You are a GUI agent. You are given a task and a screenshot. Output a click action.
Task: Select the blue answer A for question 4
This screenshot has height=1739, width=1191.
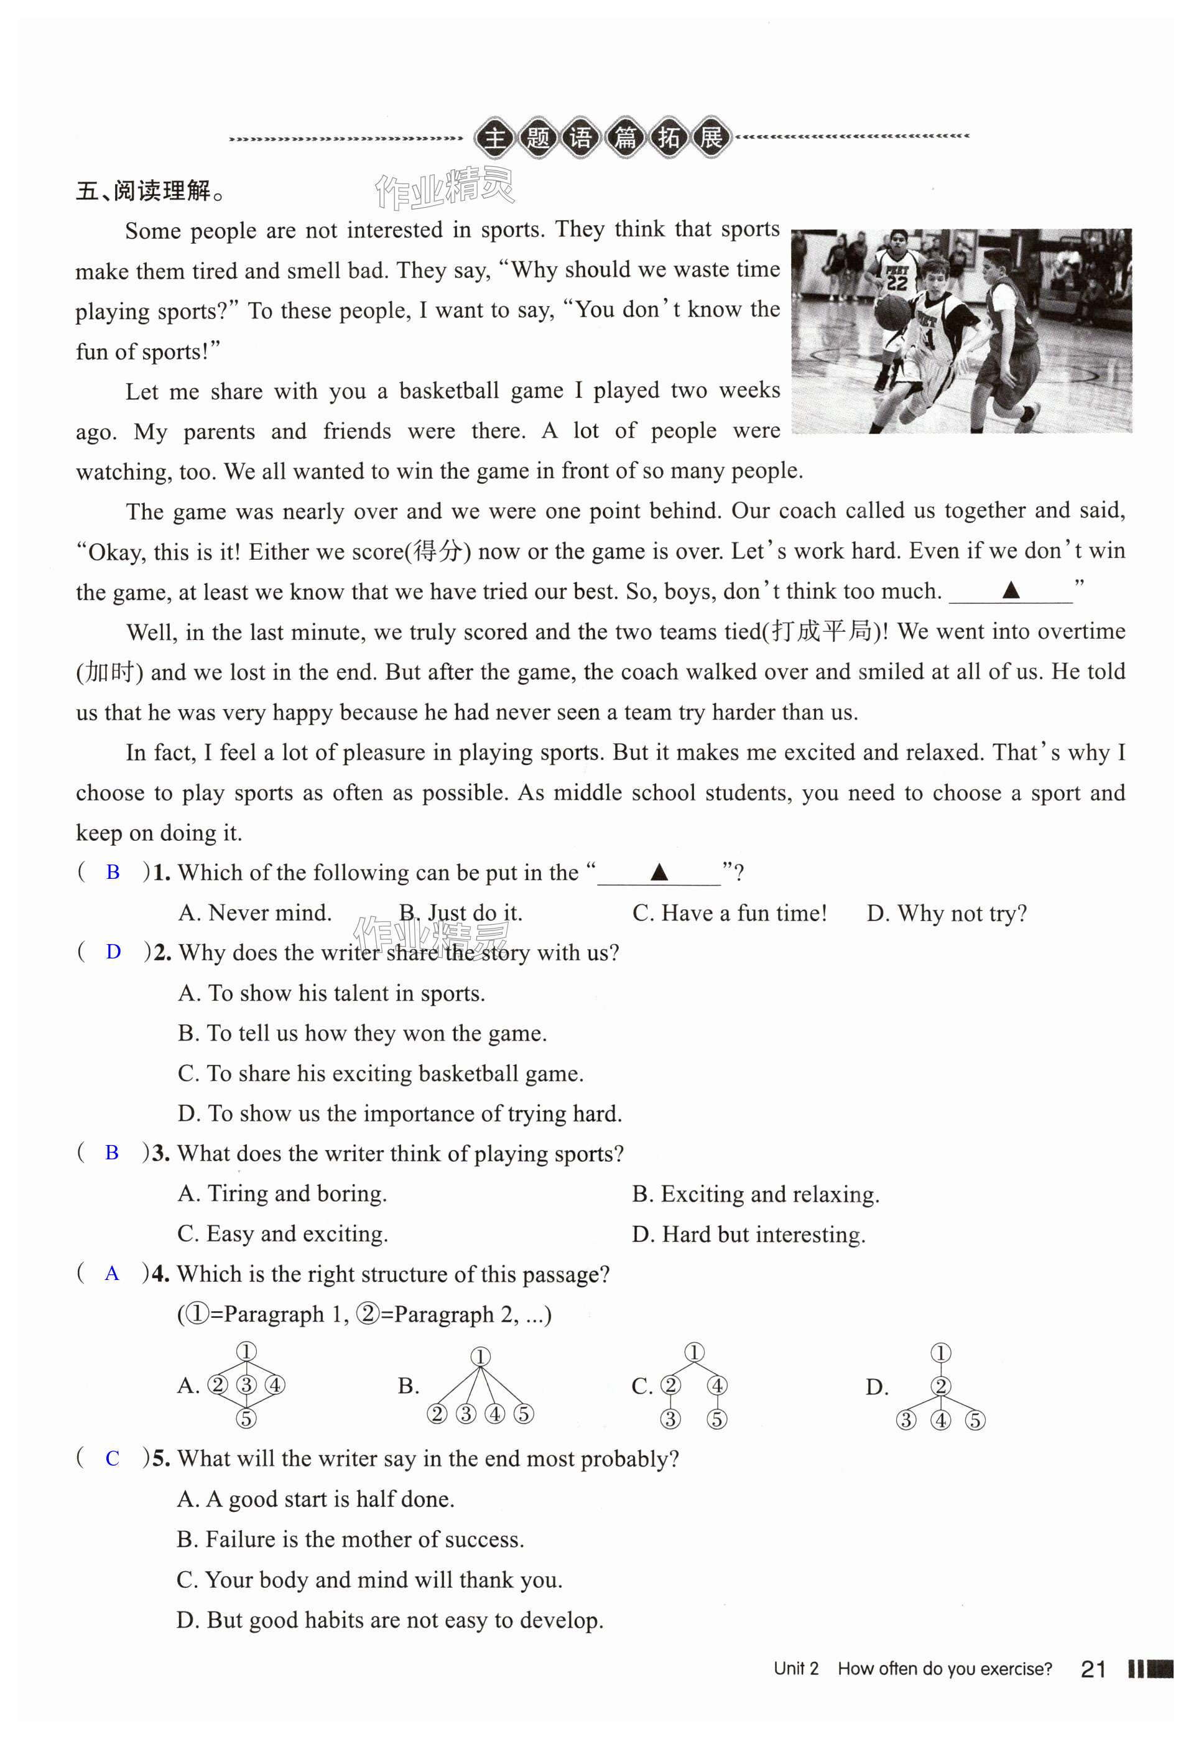click(112, 1274)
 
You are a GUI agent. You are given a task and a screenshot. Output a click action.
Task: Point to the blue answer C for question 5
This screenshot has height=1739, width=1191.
click(112, 1458)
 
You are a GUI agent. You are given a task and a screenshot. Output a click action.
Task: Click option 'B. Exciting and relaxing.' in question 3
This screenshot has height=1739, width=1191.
click(756, 1194)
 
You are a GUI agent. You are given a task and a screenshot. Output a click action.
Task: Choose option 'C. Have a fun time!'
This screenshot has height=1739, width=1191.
click(730, 913)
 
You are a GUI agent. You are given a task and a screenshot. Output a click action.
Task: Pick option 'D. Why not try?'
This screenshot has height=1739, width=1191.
click(947, 913)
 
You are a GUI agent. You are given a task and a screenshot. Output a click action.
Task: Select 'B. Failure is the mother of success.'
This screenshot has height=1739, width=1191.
click(350, 1539)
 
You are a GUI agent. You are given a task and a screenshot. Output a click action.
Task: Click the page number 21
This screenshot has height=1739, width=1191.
click(1093, 1669)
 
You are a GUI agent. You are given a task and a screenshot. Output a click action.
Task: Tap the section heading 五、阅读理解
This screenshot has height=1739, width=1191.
click(150, 192)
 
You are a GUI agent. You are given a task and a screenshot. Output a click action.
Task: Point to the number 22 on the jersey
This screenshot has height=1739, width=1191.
click(896, 283)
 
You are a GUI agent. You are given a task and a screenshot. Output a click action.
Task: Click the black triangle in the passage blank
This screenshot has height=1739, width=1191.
click(1011, 590)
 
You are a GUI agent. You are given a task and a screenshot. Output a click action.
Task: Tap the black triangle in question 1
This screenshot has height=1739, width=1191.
click(659, 872)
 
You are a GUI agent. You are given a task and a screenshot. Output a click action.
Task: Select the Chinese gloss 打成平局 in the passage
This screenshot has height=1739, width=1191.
click(822, 631)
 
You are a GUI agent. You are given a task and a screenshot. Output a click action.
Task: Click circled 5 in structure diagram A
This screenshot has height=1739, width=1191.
click(246, 1418)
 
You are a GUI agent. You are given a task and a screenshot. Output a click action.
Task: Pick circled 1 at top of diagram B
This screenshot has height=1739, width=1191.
click(480, 1356)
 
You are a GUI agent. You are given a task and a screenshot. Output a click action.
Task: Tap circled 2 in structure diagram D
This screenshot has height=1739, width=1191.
click(940, 1386)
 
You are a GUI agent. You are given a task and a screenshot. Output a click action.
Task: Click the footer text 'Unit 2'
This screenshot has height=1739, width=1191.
click(796, 1669)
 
